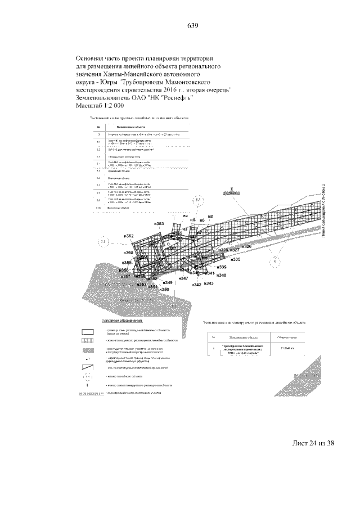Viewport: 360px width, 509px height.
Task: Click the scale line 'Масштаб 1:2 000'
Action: tap(100, 105)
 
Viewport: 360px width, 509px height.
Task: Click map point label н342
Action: tap(196, 286)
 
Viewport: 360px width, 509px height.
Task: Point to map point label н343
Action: tap(209, 283)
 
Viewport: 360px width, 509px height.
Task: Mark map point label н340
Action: tap(222, 275)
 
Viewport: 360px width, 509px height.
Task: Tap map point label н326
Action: tap(246, 246)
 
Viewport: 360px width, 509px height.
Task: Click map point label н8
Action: tap(210, 217)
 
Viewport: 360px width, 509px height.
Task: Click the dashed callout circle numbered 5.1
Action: tap(103, 242)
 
